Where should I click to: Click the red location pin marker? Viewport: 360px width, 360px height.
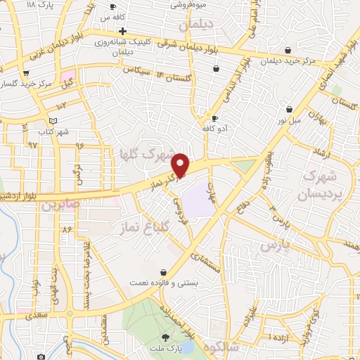click(181, 165)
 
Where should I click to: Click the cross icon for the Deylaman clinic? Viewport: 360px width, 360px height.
click(122, 32)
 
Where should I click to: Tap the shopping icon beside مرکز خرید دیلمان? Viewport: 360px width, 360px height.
click(288, 50)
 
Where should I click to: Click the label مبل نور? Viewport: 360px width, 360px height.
click(289, 120)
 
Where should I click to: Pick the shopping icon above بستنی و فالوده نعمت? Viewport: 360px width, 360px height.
click(164, 272)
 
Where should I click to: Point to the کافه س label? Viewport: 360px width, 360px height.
click(112, 16)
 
